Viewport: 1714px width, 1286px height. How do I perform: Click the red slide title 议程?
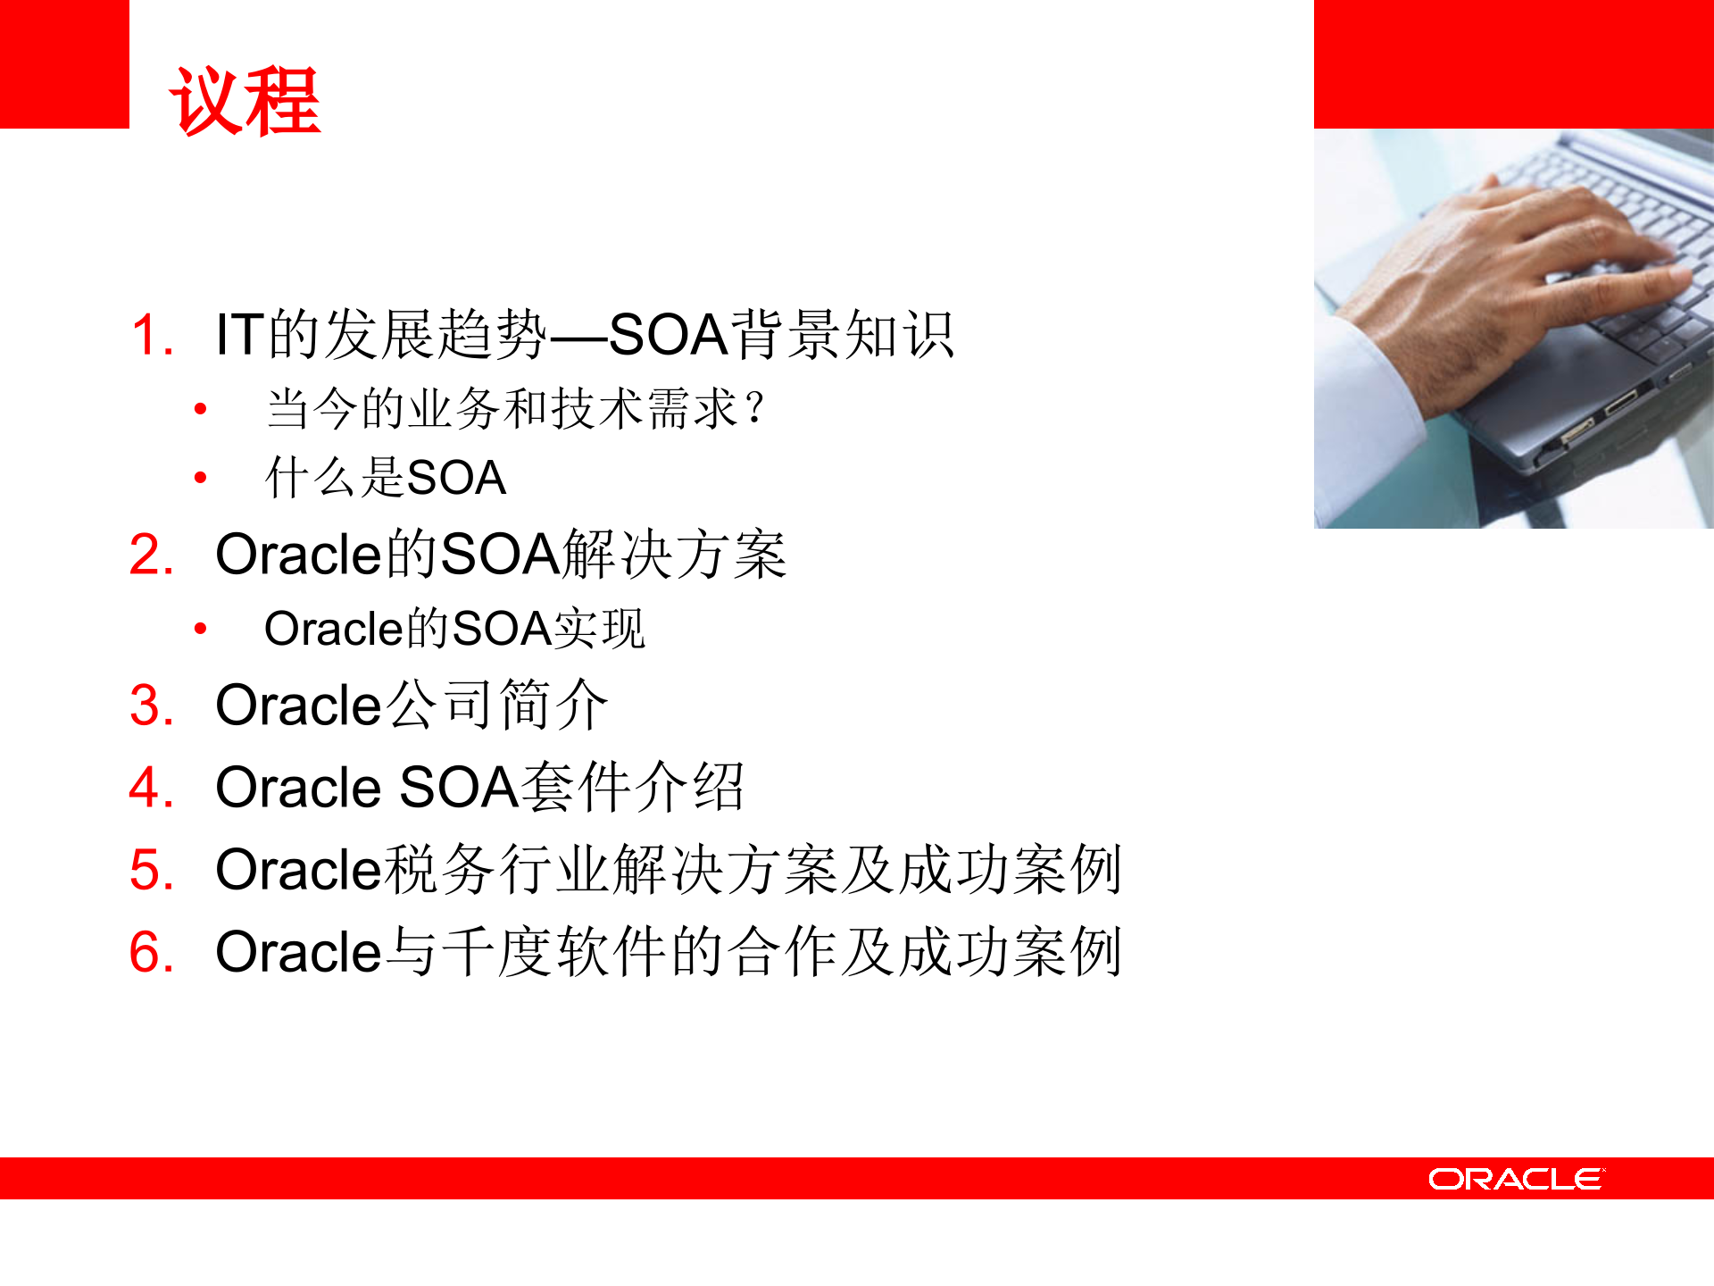tap(245, 102)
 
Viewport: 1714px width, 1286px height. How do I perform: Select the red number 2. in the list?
tap(151, 555)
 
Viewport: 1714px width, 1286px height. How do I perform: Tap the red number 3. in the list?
tap(151, 706)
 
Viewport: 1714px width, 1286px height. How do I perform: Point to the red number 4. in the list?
tap(151, 788)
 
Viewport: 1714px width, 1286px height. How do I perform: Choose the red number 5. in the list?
tap(151, 870)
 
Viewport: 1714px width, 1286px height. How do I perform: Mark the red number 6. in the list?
tap(151, 952)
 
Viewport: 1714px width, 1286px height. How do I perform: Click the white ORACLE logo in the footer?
tap(1516, 1179)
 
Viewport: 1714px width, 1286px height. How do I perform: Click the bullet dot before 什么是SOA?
tap(201, 478)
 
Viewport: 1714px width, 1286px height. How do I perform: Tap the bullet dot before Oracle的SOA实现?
tap(201, 629)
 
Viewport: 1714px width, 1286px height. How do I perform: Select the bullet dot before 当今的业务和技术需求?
tap(201, 410)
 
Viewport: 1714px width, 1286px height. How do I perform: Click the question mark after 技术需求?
tap(755, 409)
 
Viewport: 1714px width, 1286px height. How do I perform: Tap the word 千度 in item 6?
tap(496, 952)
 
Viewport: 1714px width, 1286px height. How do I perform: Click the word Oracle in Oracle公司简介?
tap(299, 706)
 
